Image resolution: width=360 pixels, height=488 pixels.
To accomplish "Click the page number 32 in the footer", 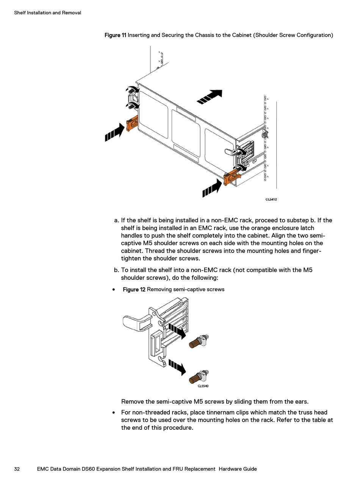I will pos(17,469).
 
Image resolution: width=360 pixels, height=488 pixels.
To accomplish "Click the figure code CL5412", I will pos(271,199).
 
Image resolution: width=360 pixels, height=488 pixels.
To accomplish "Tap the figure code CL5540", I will pos(203,386).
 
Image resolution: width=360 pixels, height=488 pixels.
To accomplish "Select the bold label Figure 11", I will pos(115,35).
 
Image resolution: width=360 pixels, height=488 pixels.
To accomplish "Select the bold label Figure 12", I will pos(134,290).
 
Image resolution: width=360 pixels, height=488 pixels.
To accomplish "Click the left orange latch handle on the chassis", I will pos(132,123).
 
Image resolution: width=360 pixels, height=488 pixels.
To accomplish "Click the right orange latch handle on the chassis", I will pos(231,177).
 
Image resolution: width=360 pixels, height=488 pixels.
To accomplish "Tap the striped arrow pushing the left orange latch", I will pos(114,132).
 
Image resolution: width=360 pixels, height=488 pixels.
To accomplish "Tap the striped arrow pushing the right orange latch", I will pos(212,189).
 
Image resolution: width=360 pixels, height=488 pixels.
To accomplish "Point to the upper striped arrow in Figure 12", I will pos(177,330).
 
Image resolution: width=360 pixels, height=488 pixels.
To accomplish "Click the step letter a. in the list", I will pos(117,220).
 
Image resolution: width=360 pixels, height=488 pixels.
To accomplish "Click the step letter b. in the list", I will pos(117,270).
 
